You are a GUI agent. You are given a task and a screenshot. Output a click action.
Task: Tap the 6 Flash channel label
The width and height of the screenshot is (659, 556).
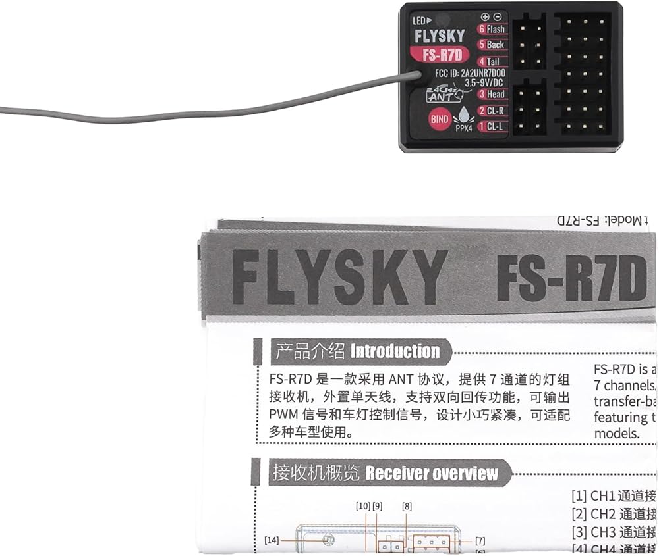tap(492, 29)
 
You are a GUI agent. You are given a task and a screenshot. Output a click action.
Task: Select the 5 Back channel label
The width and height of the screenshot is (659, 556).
tap(492, 45)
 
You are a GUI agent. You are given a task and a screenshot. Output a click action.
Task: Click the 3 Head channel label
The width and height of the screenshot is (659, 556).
tap(492, 94)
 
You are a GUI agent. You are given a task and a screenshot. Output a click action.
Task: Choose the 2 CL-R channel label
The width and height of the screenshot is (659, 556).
tap(492, 111)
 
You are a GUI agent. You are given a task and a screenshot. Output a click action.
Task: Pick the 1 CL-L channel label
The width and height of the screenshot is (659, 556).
tap(492, 126)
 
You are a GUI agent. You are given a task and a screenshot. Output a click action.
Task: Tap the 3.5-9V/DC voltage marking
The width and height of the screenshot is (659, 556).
tap(466, 83)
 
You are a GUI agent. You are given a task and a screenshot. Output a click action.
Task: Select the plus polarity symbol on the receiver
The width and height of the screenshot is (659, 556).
tap(485, 16)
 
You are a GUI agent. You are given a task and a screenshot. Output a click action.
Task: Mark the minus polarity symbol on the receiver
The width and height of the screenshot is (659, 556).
tap(498, 16)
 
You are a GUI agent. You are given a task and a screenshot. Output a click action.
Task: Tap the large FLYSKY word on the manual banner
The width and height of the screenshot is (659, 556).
tap(339, 276)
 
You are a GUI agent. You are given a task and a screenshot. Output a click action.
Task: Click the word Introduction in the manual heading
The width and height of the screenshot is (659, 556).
tap(395, 351)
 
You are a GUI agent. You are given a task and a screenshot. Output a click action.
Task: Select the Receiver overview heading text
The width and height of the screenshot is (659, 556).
tap(432, 473)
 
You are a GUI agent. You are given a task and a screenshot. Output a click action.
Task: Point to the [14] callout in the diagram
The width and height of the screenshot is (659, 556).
tap(272, 540)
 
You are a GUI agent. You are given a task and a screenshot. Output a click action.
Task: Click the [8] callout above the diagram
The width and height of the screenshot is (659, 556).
tap(407, 506)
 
